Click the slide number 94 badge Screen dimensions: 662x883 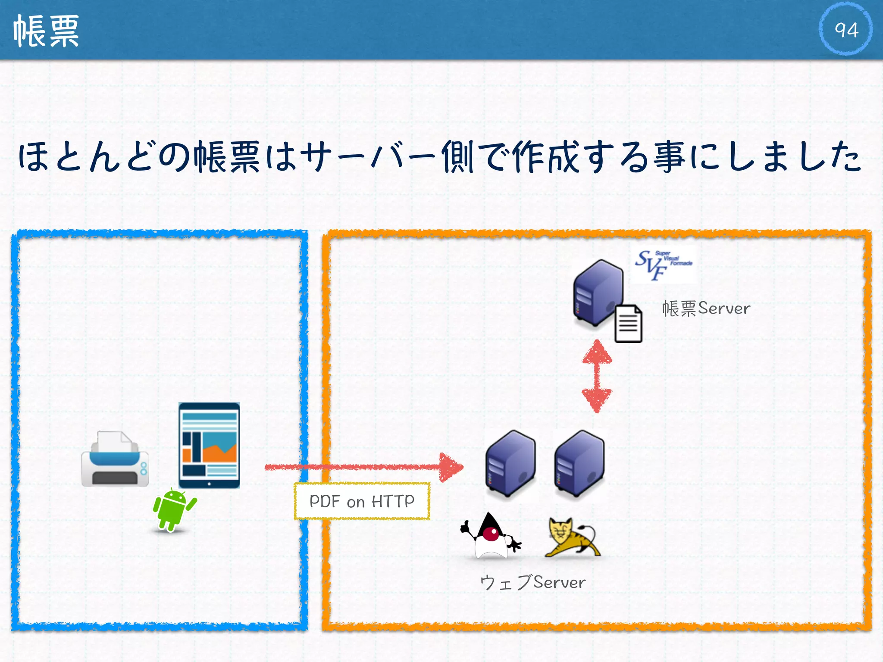pos(845,29)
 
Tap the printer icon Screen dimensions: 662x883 pos(115,459)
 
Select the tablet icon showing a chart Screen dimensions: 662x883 pos(209,445)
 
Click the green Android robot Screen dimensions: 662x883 pos(173,509)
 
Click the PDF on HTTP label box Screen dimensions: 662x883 pos(362,501)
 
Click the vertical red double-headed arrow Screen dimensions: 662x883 pos(597,376)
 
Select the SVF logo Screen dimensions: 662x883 pos(663,264)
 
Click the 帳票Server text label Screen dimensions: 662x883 pos(706,309)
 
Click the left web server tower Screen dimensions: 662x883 pos(510,464)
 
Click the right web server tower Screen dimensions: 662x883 pos(579,464)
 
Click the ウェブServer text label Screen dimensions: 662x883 pos(533,582)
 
